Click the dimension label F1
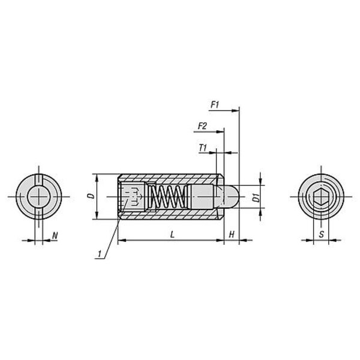pyautogui.click(x=215, y=105)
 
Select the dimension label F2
pyautogui.click(x=202, y=126)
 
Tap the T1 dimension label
pyautogui.click(x=203, y=148)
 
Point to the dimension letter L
pyautogui.click(x=172, y=235)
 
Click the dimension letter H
pyautogui.click(x=232, y=235)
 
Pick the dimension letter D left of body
pyautogui.click(x=91, y=196)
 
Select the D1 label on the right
pyautogui.click(x=256, y=197)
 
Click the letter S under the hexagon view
pyautogui.click(x=322, y=234)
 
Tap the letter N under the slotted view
pyautogui.click(x=55, y=235)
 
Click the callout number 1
pyautogui.click(x=100, y=254)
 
